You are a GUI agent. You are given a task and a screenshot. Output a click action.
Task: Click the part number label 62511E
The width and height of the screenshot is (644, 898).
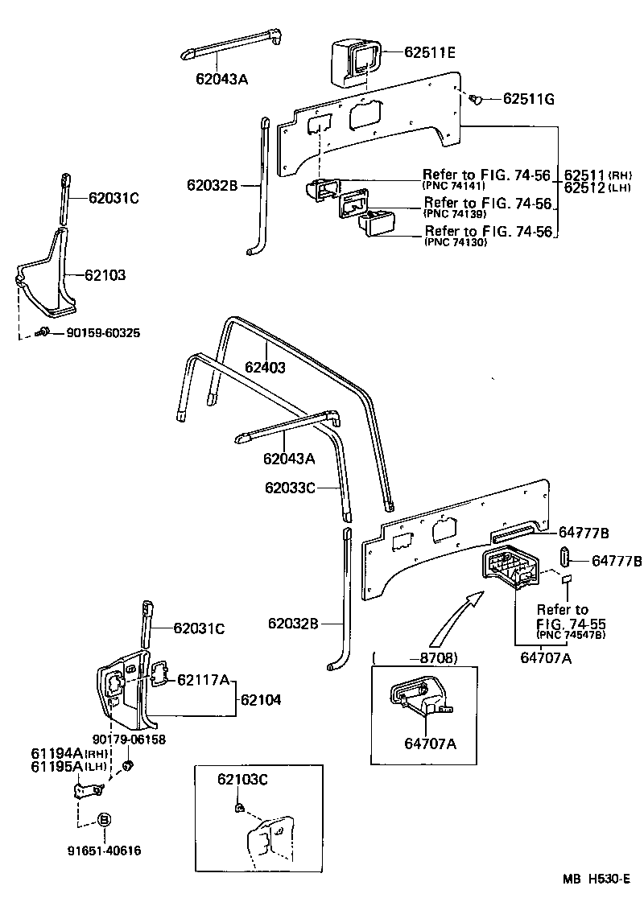[429, 53]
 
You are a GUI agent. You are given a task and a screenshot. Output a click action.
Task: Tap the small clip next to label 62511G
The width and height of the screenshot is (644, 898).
[476, 100]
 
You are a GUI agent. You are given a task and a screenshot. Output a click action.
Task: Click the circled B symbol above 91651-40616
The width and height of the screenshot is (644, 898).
[104, 820]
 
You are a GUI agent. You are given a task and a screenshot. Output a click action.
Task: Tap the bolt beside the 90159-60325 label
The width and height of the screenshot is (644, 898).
[46, 332]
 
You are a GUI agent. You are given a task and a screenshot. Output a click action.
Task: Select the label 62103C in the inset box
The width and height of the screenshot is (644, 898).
[242, 779]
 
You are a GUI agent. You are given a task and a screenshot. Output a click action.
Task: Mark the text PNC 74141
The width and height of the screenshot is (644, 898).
[452, 184]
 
